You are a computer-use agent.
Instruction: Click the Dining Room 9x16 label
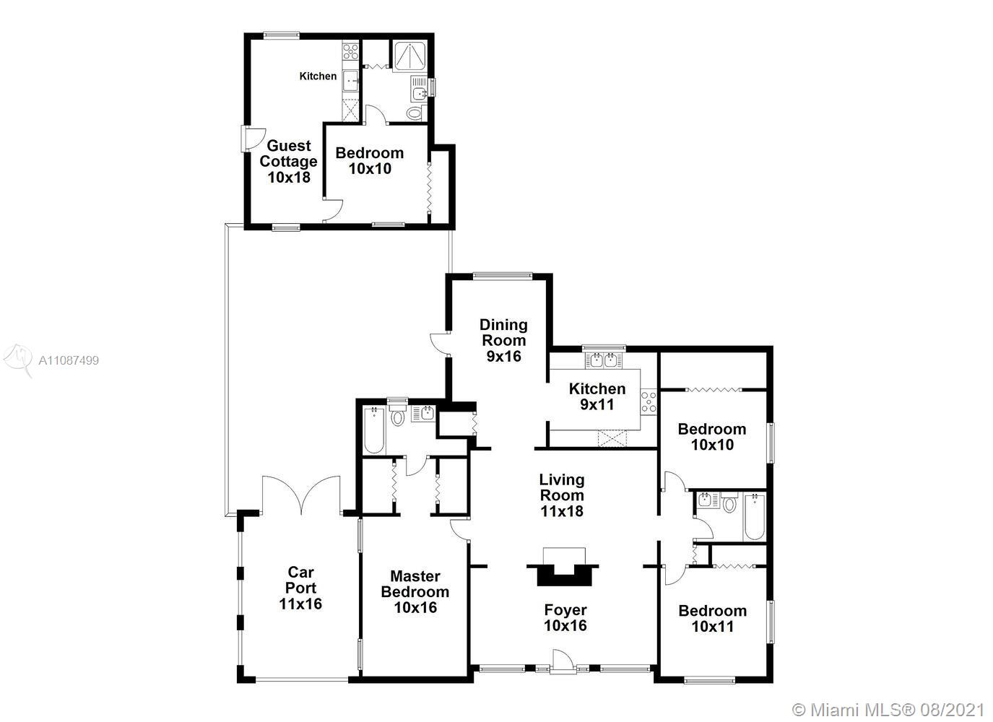[503, 340]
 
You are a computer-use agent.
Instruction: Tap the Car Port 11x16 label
[300, 588]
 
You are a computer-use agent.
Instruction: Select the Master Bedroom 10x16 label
[415, 592]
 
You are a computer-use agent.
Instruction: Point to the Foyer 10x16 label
[565, 617]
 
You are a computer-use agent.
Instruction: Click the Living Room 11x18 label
[562, 495]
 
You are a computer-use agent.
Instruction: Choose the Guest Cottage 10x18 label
[289, 161]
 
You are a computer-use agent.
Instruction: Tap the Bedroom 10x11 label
[712, 618]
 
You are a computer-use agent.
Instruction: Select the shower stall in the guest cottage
[409, 57]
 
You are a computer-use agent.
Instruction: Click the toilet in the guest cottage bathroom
[415, 113]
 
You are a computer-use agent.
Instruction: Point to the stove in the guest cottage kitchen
[350, 51]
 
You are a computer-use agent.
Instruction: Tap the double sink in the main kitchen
[603, 360]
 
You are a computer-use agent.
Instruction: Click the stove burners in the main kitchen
[649, 402]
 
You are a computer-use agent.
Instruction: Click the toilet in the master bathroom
[398, 416]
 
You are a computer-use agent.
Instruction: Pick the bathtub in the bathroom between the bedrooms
[754, 516]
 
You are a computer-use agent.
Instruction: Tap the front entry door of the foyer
[560, 662]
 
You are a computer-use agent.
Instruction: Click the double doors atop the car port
[301, 495]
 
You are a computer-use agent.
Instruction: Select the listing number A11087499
[69, 360]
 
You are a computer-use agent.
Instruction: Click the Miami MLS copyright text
[888, 710]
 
